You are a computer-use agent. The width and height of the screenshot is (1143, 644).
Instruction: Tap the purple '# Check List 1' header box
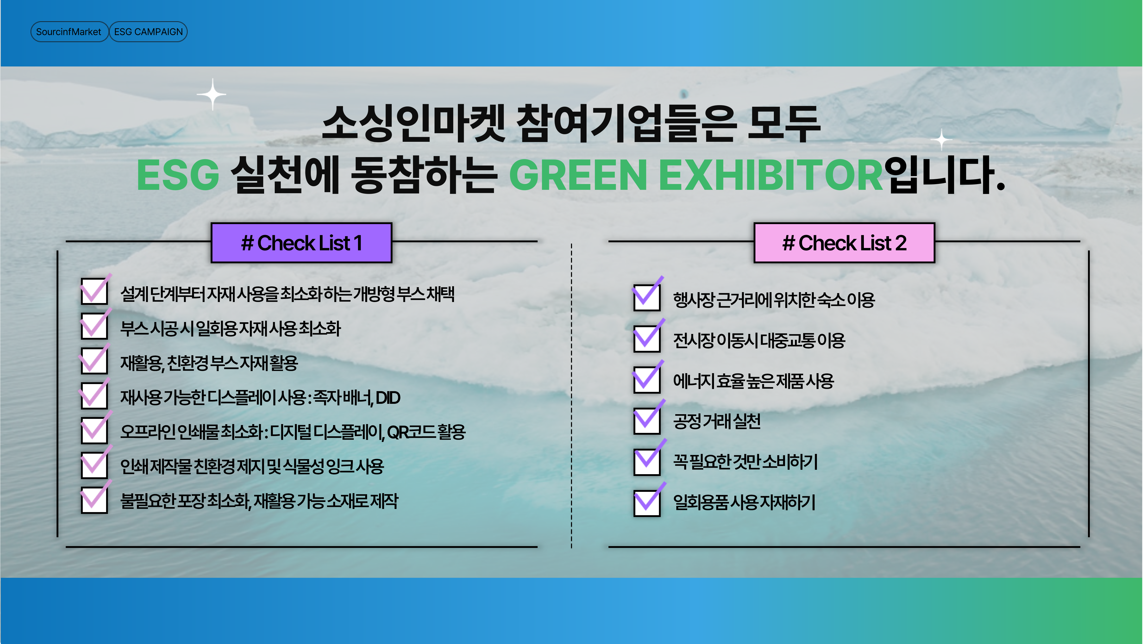[301, 243]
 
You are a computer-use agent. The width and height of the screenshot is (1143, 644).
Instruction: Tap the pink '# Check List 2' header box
[844, 243]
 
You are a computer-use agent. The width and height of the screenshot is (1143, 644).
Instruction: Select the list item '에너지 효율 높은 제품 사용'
[753, 381]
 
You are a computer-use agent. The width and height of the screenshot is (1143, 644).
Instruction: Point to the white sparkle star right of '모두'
[941, 140]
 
